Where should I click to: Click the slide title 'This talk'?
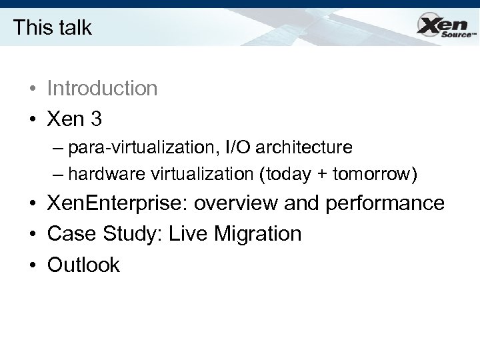[x=52, y=27]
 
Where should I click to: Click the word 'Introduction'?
[x=102, y=88]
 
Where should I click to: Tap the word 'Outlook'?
[x=83, y=265]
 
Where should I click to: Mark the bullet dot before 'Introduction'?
[x=32, y=89]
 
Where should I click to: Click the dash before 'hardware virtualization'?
[x=58, y=174]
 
